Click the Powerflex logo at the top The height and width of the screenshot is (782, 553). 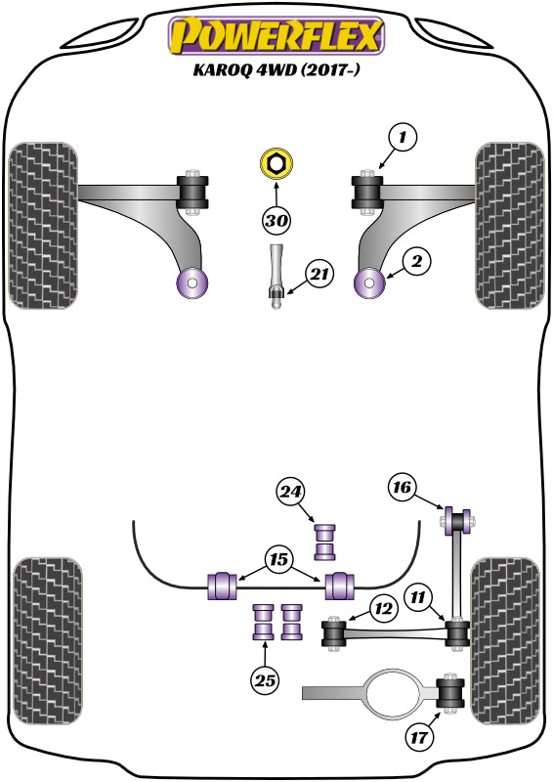click(276, 36)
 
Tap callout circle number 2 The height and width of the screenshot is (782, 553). click(415, 261)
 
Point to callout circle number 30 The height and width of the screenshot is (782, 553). click(277, 222)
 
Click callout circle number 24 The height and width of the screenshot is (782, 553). click(290, 494)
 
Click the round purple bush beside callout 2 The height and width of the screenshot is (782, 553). click(370, 283)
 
